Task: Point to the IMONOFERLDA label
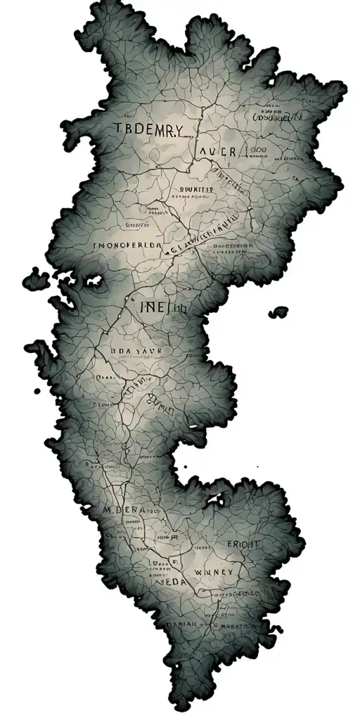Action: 127,246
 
